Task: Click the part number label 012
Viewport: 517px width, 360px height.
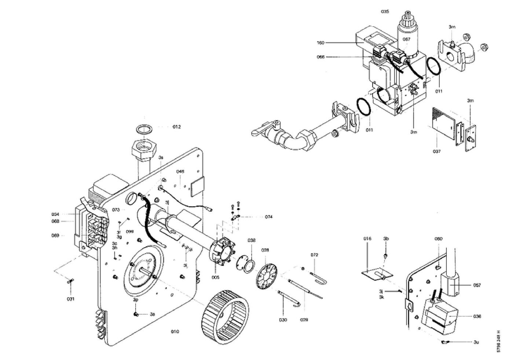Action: click(x=177, y=127)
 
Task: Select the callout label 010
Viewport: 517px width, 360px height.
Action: click(x=175, y=332)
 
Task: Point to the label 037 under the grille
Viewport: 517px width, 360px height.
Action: click(x=436, y=151)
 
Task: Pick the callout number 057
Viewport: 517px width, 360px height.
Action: click(x=477, y=285)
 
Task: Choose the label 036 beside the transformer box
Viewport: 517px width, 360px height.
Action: click(x=477, y=316)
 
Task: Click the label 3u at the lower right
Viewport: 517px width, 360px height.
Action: click(x=476, y=342)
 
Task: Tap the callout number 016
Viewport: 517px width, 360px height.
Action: click(x=367, y=239)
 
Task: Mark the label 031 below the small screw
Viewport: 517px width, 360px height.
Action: click(x=70, y=299)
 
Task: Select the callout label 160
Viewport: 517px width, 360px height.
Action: click(x=320, y=43)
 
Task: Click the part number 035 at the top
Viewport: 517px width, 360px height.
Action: click(x=385, y=12)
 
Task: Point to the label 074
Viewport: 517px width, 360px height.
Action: click(x=269, y=217)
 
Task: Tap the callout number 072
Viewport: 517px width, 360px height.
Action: click(x=314, y=255)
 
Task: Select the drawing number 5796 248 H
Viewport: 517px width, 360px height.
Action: click(x=499, y=342)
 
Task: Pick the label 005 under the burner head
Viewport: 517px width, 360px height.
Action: click(x=215, y=277)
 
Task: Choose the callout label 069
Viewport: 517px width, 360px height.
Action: click(x=55, y=236)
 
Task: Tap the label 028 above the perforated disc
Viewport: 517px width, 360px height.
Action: click(x=265, y=250)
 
